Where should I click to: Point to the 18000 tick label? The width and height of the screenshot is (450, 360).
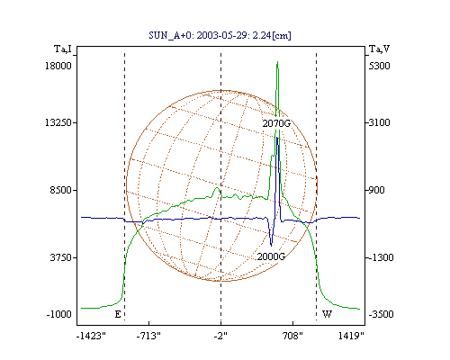pos(58,66)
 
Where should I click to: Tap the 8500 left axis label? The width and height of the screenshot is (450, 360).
pos(61,190)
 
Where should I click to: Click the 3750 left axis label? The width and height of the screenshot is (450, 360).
pos(61,257)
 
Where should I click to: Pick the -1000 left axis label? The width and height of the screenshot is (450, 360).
pos(59,314)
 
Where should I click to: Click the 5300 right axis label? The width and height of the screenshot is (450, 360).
pos(379,66)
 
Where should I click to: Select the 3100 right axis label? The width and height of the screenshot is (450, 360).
pos(379,122)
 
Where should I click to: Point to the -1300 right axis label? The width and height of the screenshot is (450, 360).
pos(381,257)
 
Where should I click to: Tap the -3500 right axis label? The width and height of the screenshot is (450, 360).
pos(381,314)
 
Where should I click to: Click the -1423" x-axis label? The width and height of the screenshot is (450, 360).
pos(92,336)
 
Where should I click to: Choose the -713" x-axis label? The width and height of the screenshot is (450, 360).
pos(148,336)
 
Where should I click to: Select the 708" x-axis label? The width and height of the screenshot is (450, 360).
pos(292,336)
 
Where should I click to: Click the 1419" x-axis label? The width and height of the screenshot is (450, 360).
pos(351,336)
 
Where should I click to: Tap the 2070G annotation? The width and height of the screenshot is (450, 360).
pos(276,123)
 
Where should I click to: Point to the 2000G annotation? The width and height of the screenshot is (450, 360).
pos(271,256)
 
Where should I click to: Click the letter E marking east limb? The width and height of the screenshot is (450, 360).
pos(118,314)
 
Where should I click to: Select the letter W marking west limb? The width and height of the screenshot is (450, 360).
pos(327,314)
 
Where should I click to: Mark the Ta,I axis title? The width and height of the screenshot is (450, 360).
pos(63,49)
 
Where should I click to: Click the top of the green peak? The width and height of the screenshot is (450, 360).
pos(277,61)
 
